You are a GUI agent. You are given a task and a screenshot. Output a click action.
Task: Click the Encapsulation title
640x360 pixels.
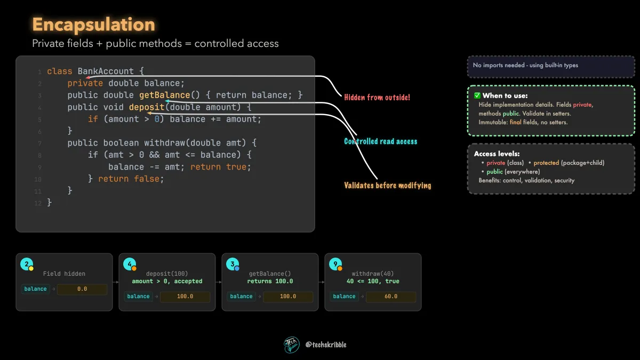pos(93,25)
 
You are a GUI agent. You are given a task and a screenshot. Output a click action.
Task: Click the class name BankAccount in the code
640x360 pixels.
pos(106,71)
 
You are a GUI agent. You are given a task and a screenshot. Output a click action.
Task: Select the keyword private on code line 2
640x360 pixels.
pos(85,83)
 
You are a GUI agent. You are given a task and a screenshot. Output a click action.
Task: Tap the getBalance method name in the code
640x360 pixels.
pos(165,95)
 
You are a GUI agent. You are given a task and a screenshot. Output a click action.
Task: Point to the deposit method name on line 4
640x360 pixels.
pos(147,107)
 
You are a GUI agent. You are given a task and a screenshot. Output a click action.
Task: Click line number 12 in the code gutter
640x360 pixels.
pos(38,203)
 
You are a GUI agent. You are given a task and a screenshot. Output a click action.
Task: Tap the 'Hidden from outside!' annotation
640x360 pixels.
pos(377,98)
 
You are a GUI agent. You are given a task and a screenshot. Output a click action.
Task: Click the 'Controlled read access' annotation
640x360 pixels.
pos(380,141)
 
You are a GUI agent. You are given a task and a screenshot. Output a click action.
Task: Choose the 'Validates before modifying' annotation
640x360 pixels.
pos(387,186)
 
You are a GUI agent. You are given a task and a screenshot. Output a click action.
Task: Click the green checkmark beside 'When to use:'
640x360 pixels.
pos(477,95)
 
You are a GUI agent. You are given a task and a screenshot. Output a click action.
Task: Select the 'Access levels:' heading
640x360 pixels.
pos(497,154)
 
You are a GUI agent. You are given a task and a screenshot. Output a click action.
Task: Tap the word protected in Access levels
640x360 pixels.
pos(546,163)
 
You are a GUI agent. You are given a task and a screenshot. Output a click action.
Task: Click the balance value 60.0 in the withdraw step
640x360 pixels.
pos(391,297)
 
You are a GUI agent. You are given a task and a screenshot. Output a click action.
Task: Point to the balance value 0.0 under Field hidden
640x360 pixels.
pos(82,289)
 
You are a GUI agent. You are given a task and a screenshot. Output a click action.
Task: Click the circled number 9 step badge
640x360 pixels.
pos(335,265)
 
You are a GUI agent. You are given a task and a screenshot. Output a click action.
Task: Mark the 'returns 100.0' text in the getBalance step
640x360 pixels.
pos(270,281)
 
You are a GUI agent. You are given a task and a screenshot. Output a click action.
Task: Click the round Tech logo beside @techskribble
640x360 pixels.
pos(291,345)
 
